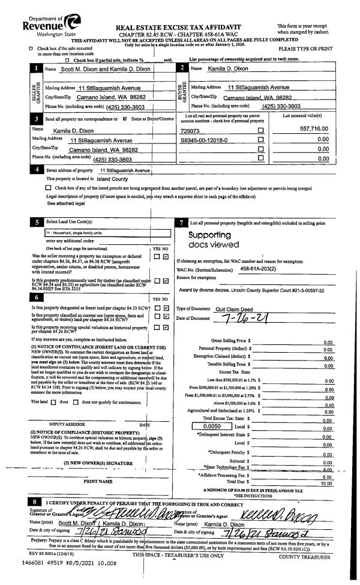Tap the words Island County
112,178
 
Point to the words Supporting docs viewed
211,240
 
